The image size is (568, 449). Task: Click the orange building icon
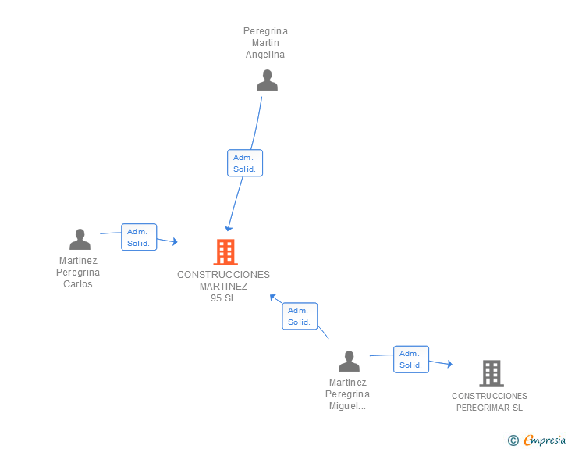[225, 252]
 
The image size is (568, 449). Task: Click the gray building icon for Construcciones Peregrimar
[492, 373]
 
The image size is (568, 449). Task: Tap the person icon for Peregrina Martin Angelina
[267, 80]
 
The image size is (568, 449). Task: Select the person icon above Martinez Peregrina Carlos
[80, 240]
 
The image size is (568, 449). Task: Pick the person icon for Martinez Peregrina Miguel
[349, 362]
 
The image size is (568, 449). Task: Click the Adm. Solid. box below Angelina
[245, 163]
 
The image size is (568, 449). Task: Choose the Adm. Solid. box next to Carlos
[139, 237]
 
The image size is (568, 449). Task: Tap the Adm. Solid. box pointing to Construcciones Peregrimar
[411, 359]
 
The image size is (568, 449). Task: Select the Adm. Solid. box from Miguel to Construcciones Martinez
[300, 316]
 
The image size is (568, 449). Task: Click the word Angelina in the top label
[265, 55]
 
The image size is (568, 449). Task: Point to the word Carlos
[78, 284]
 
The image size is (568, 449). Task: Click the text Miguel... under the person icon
[347, 406]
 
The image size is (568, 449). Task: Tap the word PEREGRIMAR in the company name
[482, 408]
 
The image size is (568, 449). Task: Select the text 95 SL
[223, 298]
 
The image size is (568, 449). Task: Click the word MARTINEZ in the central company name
[223, 287]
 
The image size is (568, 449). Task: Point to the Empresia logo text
[545, 440]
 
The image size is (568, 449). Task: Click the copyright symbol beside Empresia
[513, 440]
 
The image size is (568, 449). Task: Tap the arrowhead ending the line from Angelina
[228, 228]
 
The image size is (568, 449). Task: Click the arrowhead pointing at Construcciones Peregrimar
[449, 364]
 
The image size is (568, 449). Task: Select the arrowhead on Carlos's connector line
[175, 241]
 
